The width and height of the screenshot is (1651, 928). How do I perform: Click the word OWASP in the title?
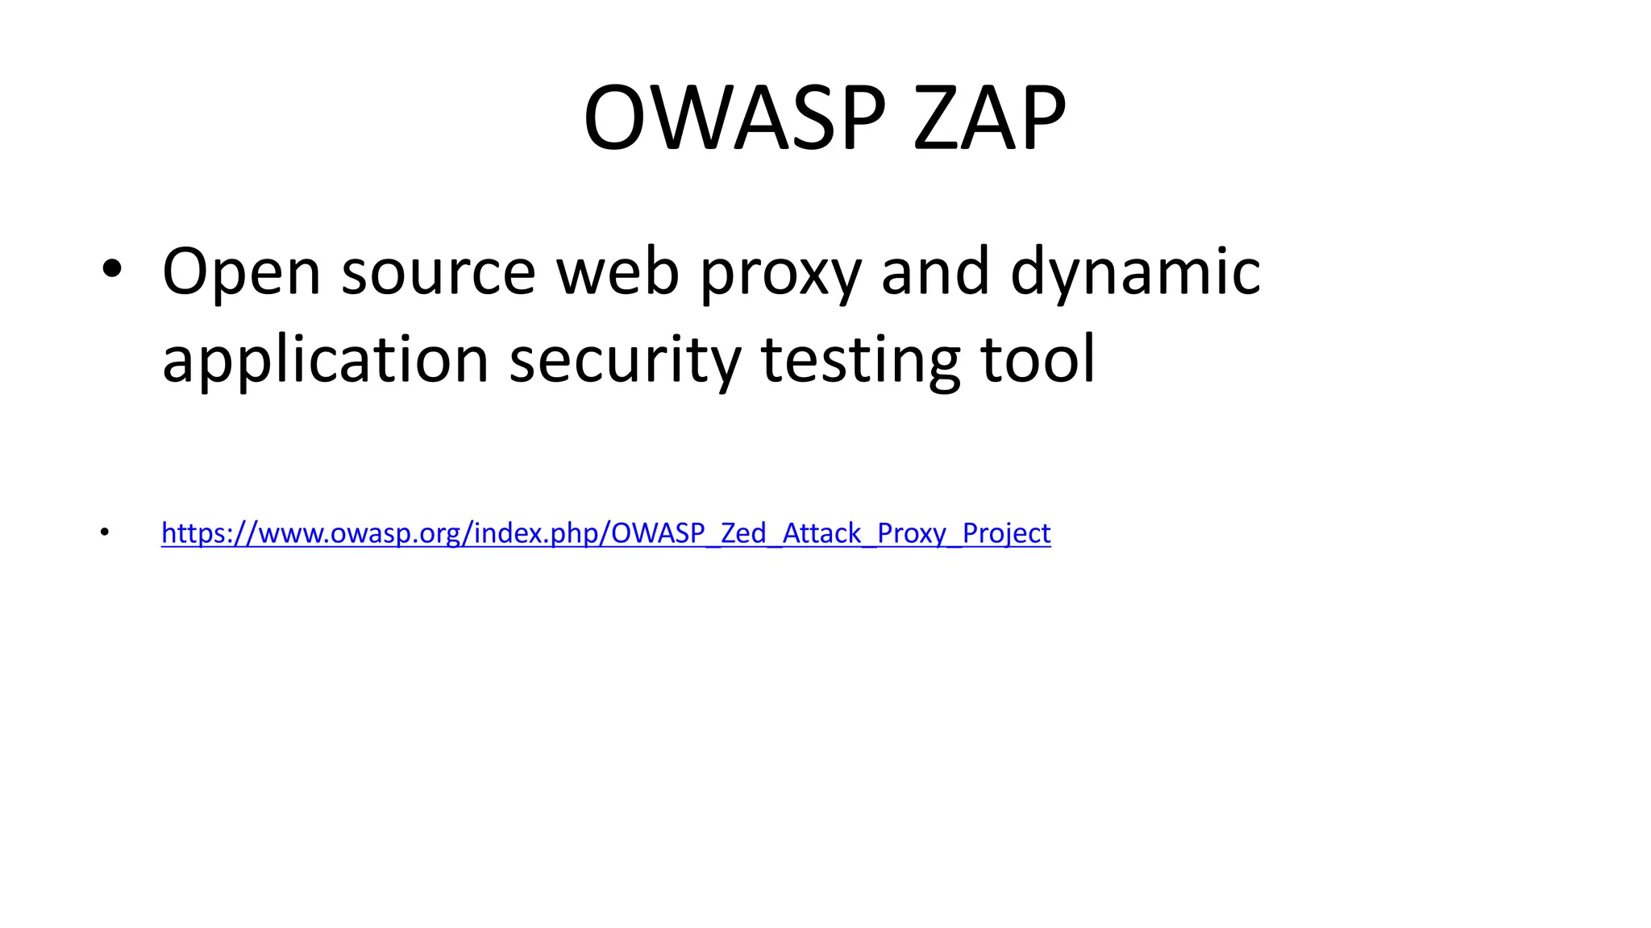click(x=734, y=118)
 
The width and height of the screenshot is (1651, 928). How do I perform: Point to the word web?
click(x=618, y=271)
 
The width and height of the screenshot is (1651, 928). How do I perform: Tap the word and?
click(x=935, y=271)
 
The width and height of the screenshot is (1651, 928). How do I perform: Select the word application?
click(x=325, y=361)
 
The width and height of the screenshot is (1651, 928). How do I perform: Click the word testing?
click(x=860, y=361)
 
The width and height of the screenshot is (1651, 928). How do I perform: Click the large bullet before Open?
click(x=112, y=270)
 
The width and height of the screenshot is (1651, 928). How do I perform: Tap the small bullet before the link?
click(x=104, y=532)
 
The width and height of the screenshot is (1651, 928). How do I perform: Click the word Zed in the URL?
click(x=742, y=532)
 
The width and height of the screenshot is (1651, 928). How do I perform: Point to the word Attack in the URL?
click(x=821, y=532)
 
